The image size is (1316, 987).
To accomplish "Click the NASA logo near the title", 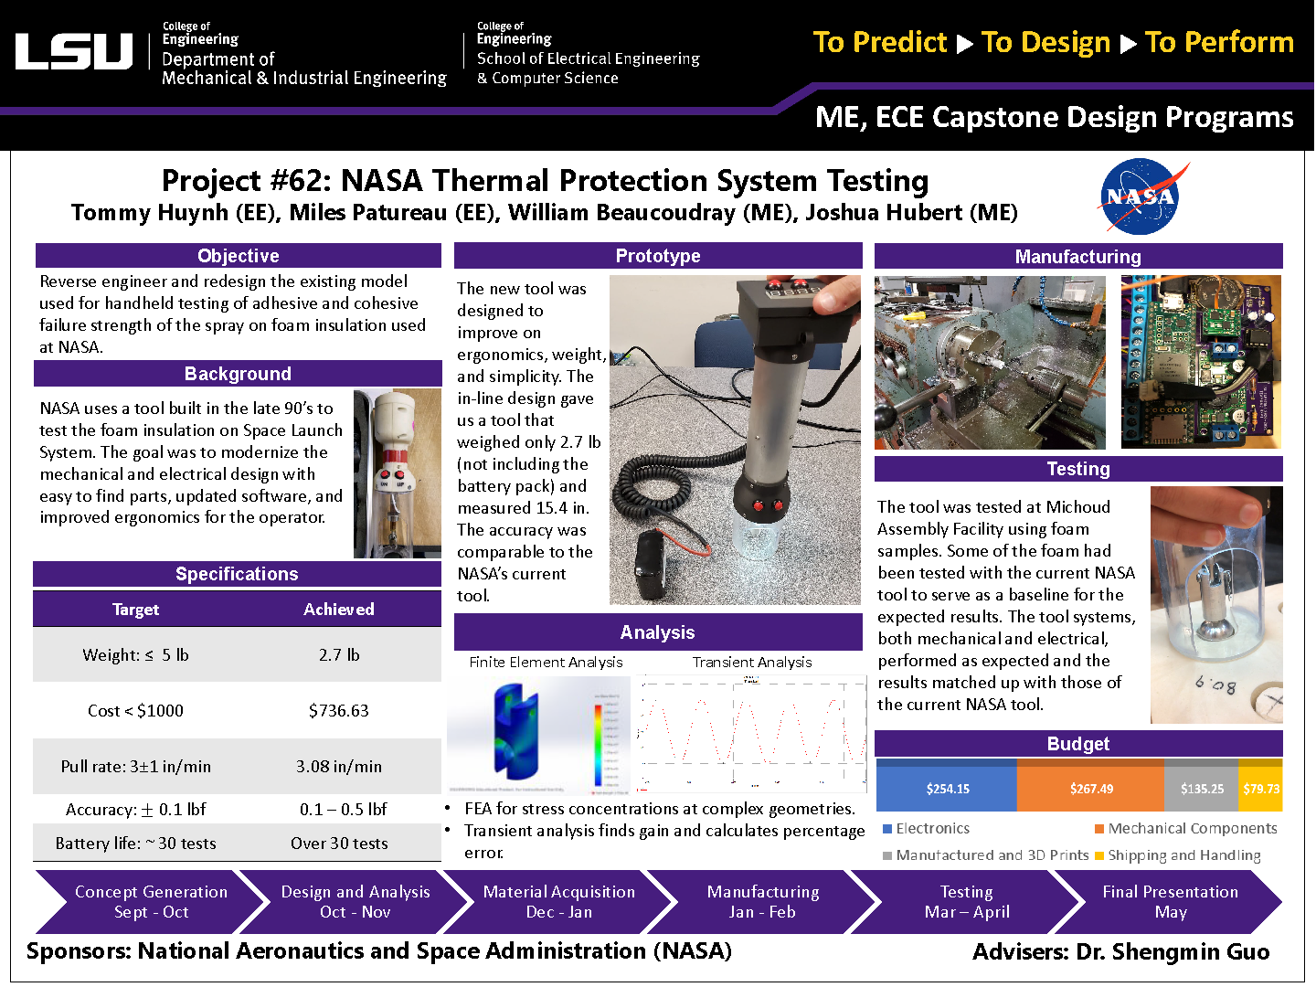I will point(1141,196).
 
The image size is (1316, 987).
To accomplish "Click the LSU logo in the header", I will point(74,52).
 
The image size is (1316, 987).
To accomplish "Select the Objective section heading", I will point(238,256).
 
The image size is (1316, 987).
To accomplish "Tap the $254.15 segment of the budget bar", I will point(947,788).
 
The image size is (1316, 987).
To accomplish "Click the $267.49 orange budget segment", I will point(1090,788).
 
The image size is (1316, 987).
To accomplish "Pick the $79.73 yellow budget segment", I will point(1260,788).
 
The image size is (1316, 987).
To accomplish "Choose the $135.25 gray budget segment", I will point(1201,788).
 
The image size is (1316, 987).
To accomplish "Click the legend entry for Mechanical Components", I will point(1192,829).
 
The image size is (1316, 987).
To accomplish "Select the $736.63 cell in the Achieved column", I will point(338,711).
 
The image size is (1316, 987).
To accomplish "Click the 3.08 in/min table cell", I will point(338,767).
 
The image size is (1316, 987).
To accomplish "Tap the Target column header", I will point(135,610).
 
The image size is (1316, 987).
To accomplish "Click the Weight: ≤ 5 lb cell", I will point(135,655).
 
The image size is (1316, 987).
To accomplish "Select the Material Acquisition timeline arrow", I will point(558,902).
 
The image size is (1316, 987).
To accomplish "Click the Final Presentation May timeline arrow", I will point(1170,902).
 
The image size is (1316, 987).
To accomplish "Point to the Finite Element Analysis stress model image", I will point(539,734).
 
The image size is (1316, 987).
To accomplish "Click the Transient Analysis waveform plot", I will point(751,734).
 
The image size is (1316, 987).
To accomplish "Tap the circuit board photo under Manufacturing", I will point(1201,362).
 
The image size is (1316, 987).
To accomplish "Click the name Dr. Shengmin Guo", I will point(1173,952).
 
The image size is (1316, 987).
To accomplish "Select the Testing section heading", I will point(1078,469).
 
